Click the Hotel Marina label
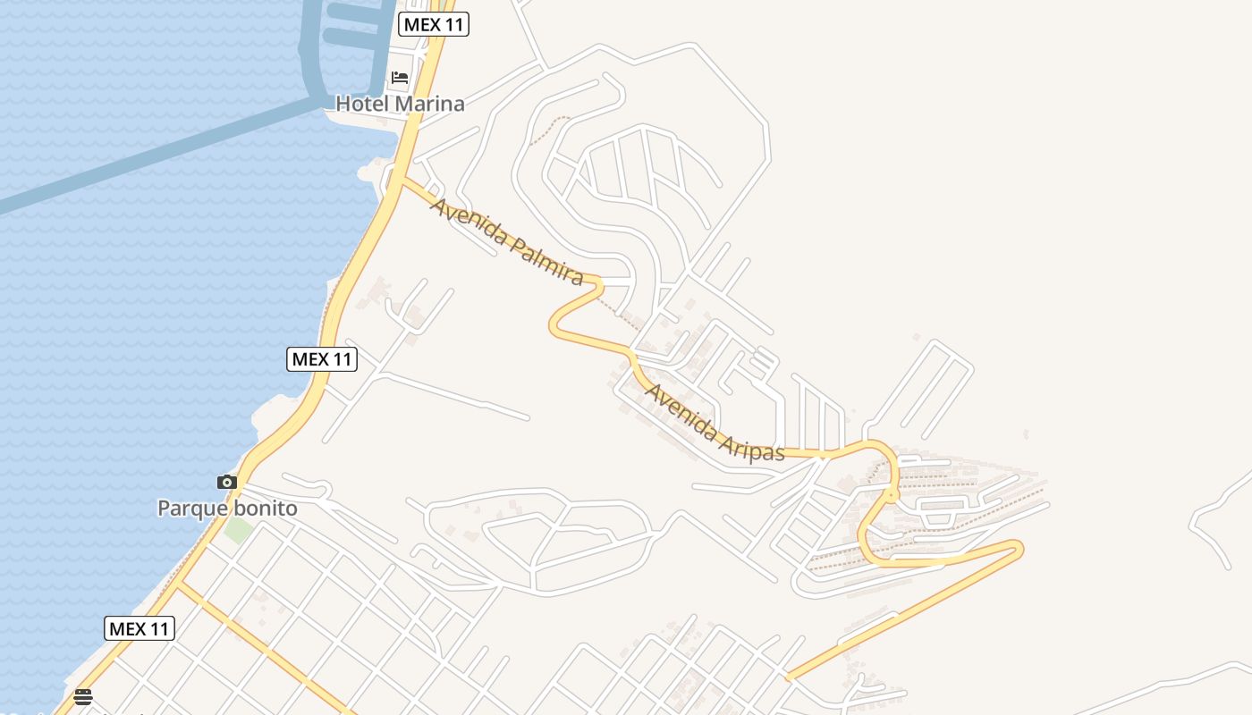[400, 104]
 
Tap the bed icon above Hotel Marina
[400, 78]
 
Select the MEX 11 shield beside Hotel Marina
[434, 24]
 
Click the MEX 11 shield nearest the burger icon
[139, 628]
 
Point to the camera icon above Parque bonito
[227, 483]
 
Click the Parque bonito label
[227, 509]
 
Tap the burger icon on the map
[83, 697]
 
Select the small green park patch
[238, 529]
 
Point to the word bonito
[265, 509]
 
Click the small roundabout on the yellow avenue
[891, 494]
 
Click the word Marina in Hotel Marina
[430, 104]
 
